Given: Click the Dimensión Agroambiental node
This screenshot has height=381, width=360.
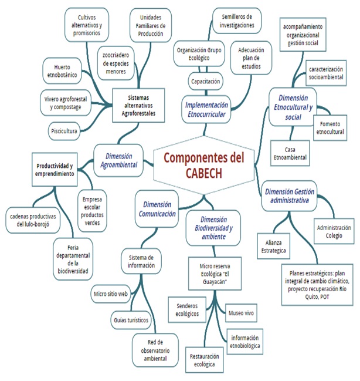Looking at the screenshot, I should pyautogui.click(x=119, y=160).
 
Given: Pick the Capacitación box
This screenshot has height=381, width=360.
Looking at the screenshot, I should pyautogui.click(x=205, y=80).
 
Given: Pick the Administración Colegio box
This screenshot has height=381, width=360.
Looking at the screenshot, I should pyautogui.click(x=334, y=231).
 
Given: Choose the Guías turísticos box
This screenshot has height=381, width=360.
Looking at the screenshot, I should pyautogui.click(x=131, y=321).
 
